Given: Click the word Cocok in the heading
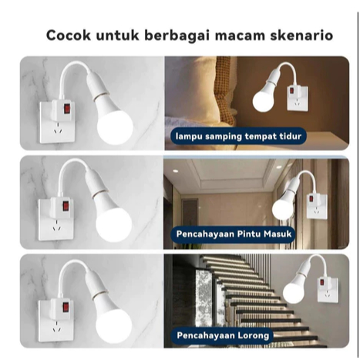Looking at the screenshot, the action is pos(69,35).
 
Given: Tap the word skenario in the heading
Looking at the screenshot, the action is pos(301,35).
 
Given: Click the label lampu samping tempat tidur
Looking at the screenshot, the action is pos(238,136).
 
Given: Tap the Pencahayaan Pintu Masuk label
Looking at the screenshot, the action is pos(234,234).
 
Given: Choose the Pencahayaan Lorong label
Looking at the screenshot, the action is pos(223,335).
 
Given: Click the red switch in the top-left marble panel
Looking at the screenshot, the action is pos(67,109).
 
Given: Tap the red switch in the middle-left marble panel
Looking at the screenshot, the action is pos(66,206).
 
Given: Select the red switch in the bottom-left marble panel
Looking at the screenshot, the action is pos(66,307).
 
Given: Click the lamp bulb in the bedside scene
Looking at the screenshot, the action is pos(263,99).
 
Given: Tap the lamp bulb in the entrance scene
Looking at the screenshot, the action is pos(282,208).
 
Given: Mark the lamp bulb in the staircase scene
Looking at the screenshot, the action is pos(293,291).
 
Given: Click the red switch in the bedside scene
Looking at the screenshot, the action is pos(293,91).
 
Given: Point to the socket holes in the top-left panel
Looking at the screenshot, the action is pos(58,130).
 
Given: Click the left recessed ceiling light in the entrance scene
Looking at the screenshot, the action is pos(176,170).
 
